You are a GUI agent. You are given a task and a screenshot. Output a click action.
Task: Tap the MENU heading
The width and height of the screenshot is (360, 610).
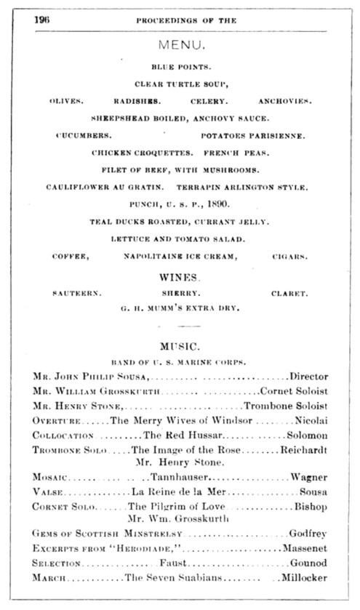(x=180, y=45)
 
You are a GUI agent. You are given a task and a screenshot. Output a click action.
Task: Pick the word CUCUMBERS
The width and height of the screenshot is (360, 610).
(x=84, y=135)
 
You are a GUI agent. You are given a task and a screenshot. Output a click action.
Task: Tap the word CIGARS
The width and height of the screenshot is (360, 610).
(x=289, y=256)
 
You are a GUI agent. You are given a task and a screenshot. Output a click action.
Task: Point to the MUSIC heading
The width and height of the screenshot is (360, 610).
(x=180, y=345)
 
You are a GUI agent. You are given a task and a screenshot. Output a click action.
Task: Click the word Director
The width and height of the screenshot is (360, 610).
(x=309, y=377)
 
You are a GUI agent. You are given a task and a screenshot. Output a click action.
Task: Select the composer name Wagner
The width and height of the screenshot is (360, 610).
(x=311, y=477)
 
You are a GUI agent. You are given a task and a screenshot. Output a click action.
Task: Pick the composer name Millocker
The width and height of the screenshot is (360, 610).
(x=306, y=578)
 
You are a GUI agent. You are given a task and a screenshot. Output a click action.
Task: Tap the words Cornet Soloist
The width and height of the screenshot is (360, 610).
(x=295, y=391)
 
